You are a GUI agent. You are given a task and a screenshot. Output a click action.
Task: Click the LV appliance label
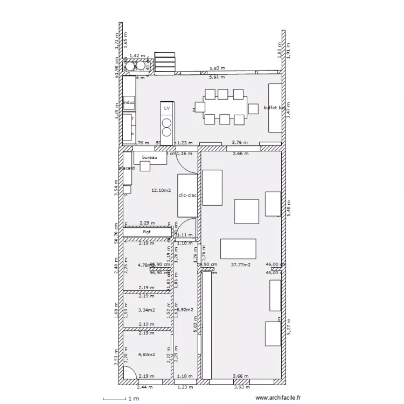[x=167, y=108]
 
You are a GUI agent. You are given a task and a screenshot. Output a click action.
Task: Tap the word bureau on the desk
[x=149, y=157]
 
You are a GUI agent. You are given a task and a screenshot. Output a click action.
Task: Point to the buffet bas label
[x=274, y=108]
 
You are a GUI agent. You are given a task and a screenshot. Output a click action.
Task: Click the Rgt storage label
[x=147, y=232]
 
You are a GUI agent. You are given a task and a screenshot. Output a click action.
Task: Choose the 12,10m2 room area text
[x=161, y=190]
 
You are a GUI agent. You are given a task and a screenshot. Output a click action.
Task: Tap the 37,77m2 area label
[x=240, y=264]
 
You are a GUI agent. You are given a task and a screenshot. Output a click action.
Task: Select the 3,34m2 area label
[x=147, y=310]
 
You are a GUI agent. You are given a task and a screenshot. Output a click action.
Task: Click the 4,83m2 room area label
[x=147, y=354]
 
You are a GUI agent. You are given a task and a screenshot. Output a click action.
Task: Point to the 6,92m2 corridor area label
[x=185, y=310]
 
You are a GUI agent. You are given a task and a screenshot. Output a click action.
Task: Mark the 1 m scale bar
[x=119, y=399]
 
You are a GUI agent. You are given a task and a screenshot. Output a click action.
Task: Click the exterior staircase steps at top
[x=165, y=61]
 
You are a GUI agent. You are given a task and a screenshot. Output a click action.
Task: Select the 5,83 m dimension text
[x=218, y=69]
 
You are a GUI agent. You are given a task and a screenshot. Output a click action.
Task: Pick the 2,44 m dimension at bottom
[x=144, y=387]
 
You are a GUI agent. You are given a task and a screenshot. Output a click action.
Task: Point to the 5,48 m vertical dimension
[x=288, y=206]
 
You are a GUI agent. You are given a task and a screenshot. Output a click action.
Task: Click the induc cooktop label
[x=129, y=102]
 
